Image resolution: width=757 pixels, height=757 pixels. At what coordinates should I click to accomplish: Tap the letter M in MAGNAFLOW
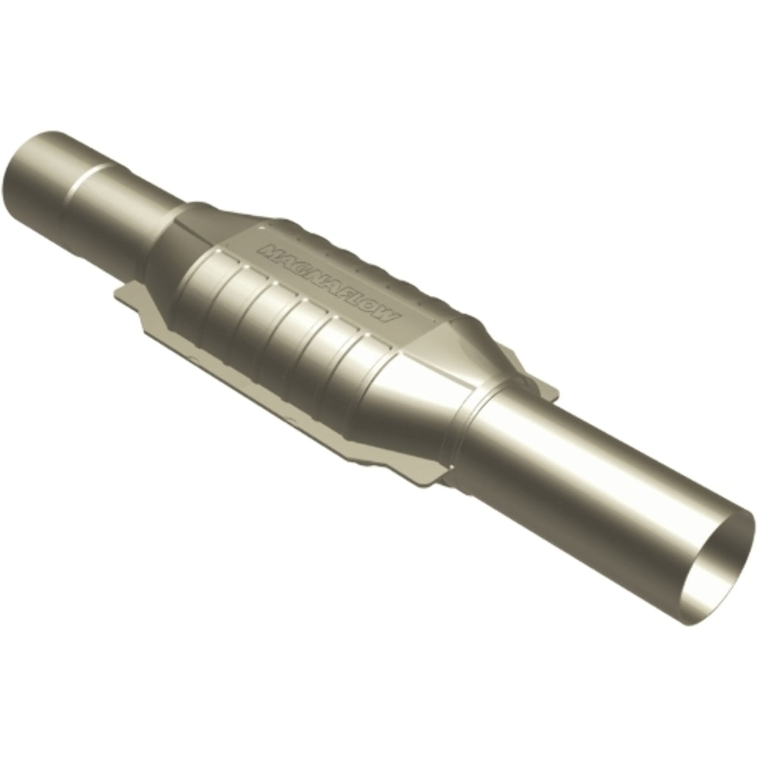(x=267, y=251)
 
